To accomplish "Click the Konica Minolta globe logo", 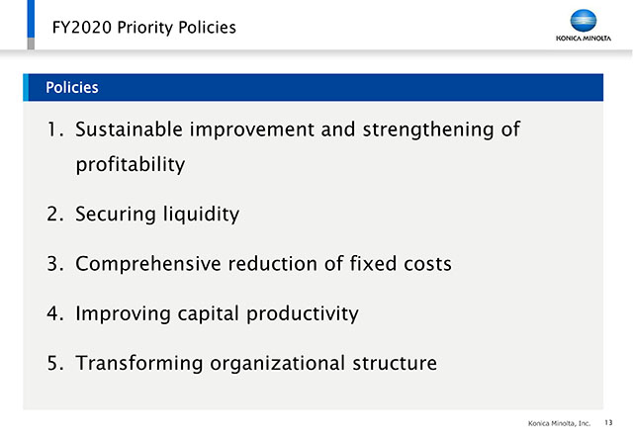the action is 584,20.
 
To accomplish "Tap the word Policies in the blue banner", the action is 72,87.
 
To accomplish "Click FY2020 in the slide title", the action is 82,28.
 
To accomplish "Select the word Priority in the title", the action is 145,28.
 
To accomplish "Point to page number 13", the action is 608,422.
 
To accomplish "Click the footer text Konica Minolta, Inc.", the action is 559,423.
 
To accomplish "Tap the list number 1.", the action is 55,130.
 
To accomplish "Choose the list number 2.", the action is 55,214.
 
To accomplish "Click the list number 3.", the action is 55,264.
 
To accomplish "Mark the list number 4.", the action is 55,313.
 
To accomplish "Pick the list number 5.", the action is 55,363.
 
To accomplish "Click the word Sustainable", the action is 130,130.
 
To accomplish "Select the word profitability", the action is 131,165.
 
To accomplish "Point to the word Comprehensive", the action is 148,264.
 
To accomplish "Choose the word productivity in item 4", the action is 303,313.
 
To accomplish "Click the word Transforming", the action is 139,363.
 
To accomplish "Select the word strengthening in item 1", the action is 428,130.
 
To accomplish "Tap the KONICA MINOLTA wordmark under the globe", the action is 584,39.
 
